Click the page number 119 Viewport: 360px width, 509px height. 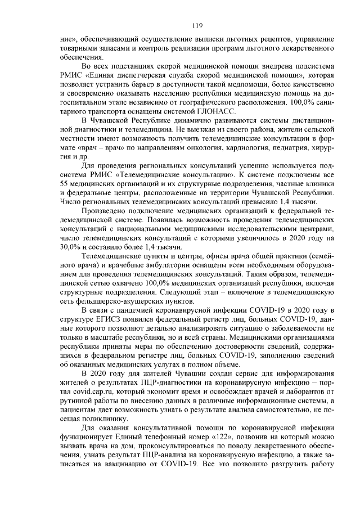[x=197, y=25]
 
